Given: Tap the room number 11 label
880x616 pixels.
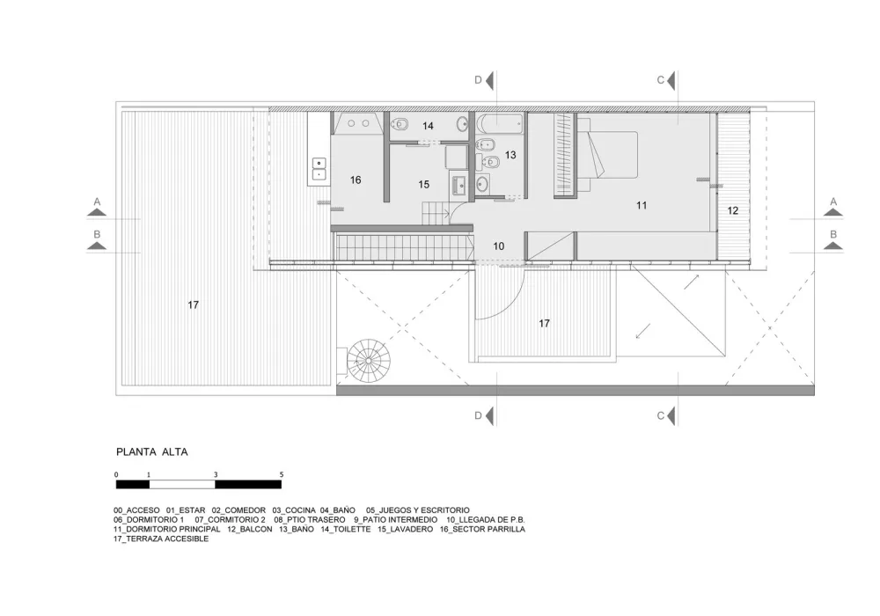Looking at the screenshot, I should click(x=642, y=205).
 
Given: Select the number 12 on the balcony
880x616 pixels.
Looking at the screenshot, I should click(x=732, y=211).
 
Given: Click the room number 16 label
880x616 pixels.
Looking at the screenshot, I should click(x=356, y=180).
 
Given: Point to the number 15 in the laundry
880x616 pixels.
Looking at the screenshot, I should click(x=423, y=185).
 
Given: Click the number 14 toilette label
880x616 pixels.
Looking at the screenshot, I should click(x=428, y=126).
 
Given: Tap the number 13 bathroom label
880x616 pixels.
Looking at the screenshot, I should click(x=510, y=155).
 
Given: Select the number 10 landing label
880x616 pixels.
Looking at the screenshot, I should click(x=499, y=246).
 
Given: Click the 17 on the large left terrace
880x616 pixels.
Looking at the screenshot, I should click(x=194, y=305).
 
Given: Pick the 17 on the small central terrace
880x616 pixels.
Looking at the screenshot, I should click(x=544, y=324).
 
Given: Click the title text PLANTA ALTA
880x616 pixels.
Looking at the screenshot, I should click(x=152, y=452).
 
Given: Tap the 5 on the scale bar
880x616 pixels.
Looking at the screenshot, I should click(x=282, y=474).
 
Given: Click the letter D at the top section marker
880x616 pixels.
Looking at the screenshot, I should click(x=479, y=80).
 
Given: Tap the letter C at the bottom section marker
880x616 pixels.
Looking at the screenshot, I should click(x=660, y=415).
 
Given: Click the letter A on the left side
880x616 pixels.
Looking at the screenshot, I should click(x=98, y=202).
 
